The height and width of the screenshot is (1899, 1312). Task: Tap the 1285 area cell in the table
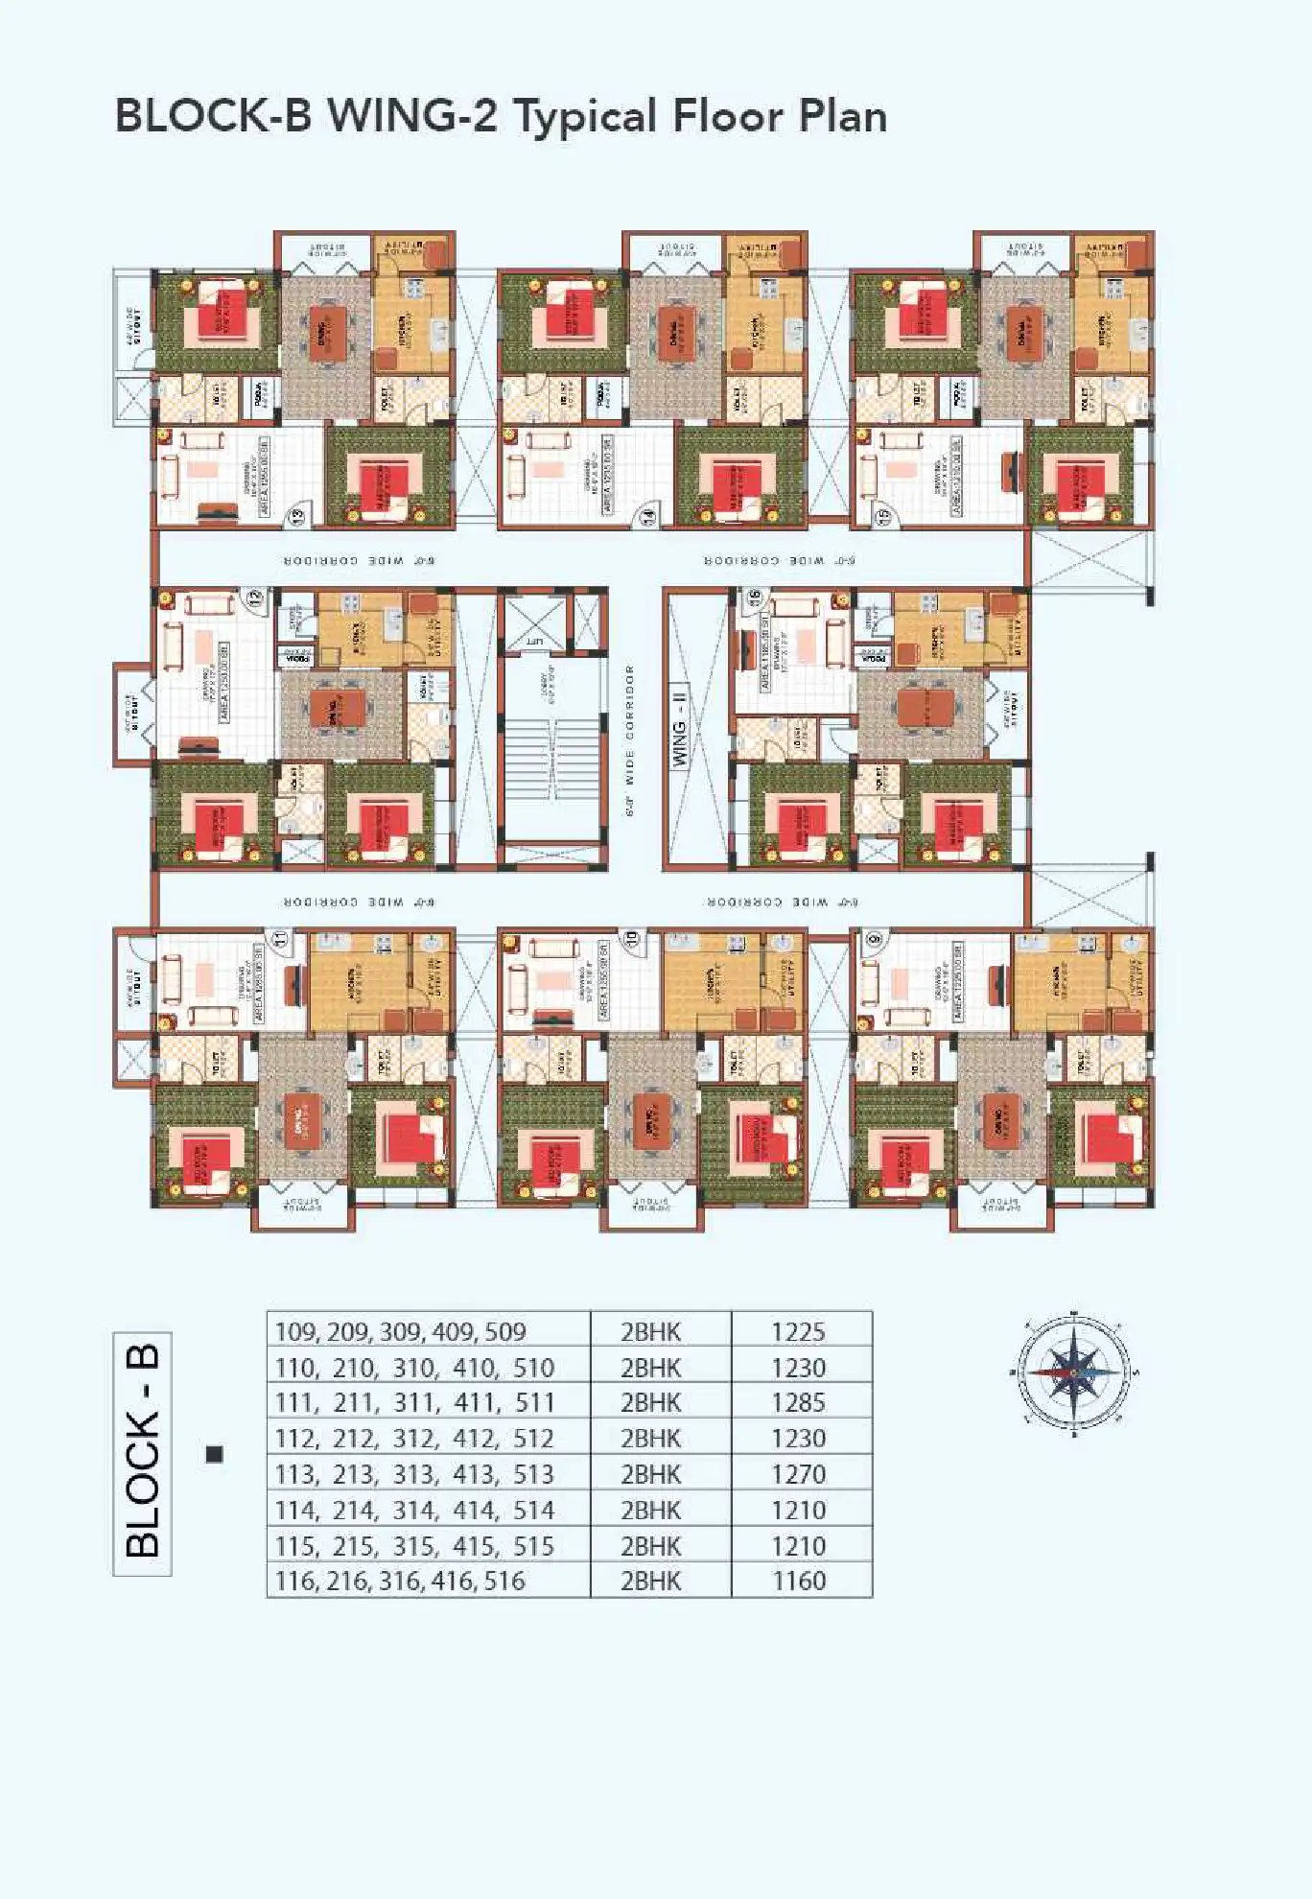point(798,1402)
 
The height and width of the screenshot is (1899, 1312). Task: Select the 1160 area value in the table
point(798,1581)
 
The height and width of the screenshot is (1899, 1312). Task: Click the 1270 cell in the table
point(798,1474)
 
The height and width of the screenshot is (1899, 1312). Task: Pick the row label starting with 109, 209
point(400,1331)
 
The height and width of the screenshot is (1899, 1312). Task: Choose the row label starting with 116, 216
point(400,1581)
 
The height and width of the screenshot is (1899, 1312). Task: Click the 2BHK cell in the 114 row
point(650,1510)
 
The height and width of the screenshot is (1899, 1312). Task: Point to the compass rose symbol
point(1073,1372)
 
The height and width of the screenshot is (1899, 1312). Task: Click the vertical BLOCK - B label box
point(142,1453)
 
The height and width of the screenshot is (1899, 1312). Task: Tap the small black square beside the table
point(215,1454)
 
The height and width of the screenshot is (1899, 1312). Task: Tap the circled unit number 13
point(297,515)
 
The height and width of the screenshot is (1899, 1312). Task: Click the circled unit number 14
point(649,516)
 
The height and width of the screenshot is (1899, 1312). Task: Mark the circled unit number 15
point(883,515)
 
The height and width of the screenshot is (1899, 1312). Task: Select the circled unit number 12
point(255,599)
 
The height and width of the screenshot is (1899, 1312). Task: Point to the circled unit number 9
point(873,938)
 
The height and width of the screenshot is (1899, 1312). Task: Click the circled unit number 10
point(631,938)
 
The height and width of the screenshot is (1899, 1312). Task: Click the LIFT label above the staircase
point(534,641)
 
